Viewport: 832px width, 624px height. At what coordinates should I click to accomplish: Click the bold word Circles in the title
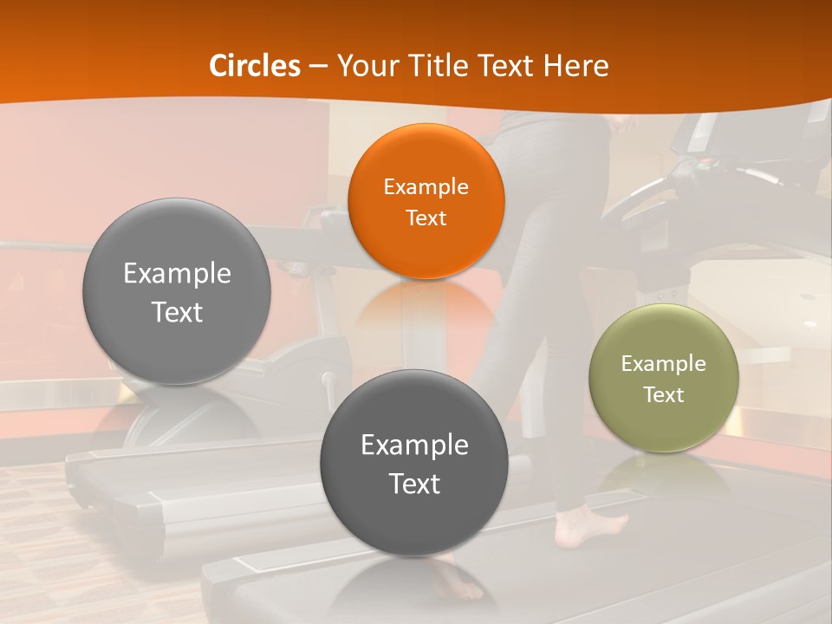255,66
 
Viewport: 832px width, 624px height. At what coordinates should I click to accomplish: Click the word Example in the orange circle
426,186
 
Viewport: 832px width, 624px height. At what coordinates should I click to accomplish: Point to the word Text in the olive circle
664,395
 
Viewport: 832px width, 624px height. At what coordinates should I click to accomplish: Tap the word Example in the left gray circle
177,274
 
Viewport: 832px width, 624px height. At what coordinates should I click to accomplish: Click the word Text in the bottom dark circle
414,484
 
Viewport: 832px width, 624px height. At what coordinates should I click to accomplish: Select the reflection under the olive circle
664,477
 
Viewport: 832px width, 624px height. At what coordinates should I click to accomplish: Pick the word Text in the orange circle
426,218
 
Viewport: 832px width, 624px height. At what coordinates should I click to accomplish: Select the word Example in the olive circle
664,364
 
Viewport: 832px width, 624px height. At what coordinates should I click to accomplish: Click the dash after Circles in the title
318,66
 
